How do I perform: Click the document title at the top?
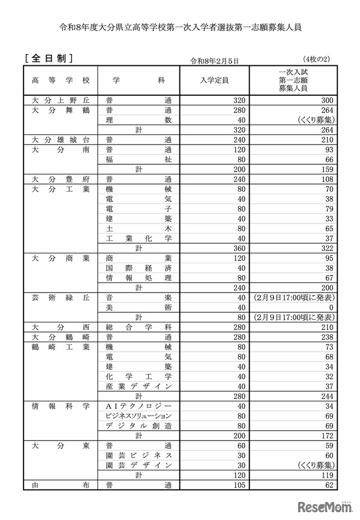[x=179, y=26]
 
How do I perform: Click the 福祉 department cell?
[x=138, y=159]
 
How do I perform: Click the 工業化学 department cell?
[x=138, y=238]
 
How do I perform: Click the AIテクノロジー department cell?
[x=138, y=406]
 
